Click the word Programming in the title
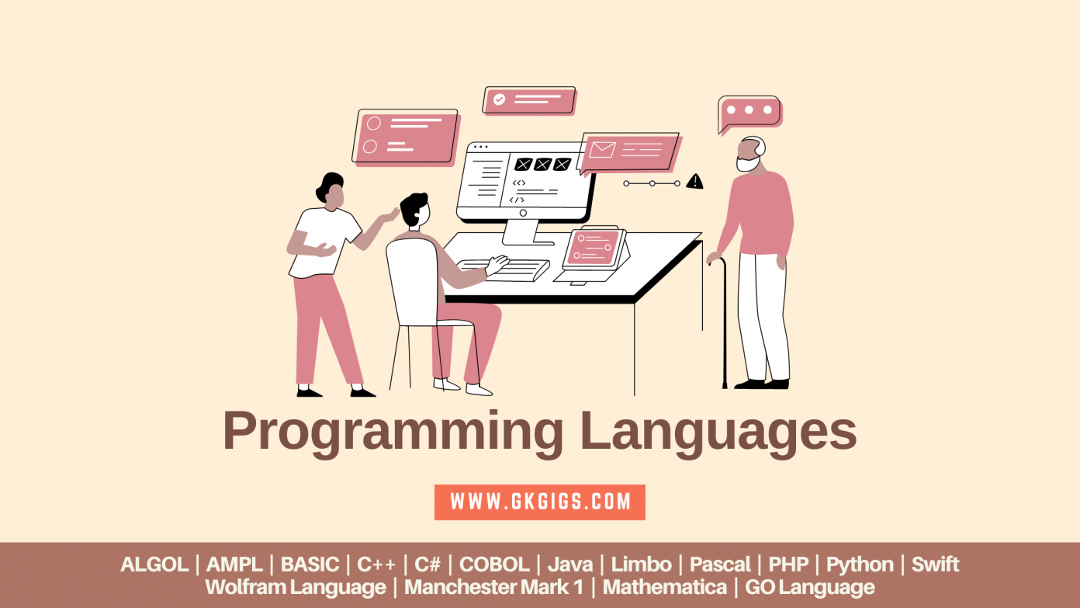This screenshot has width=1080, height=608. click(393, 432)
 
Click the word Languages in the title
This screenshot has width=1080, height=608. click(718, 432)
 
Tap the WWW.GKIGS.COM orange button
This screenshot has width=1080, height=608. click(540, 502)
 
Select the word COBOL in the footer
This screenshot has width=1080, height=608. click(494, 565)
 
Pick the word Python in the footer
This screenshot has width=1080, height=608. click(860, 565)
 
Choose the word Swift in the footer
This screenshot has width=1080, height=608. click(935, 565)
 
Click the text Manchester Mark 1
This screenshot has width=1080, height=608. click(493, 588)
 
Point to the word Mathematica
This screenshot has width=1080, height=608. click(665, 588)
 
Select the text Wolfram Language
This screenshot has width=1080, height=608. click(296, 588)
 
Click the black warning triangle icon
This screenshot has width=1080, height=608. click(694, 182)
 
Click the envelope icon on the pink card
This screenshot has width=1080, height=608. click(601, 148)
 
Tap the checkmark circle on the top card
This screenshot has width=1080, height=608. click(500, 99)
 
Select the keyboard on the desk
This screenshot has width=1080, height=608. click(504, 269)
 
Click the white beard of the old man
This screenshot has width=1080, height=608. click(747, 164)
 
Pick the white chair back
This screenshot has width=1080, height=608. click(412, 280)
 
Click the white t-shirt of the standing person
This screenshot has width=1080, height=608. click(324, 241)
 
